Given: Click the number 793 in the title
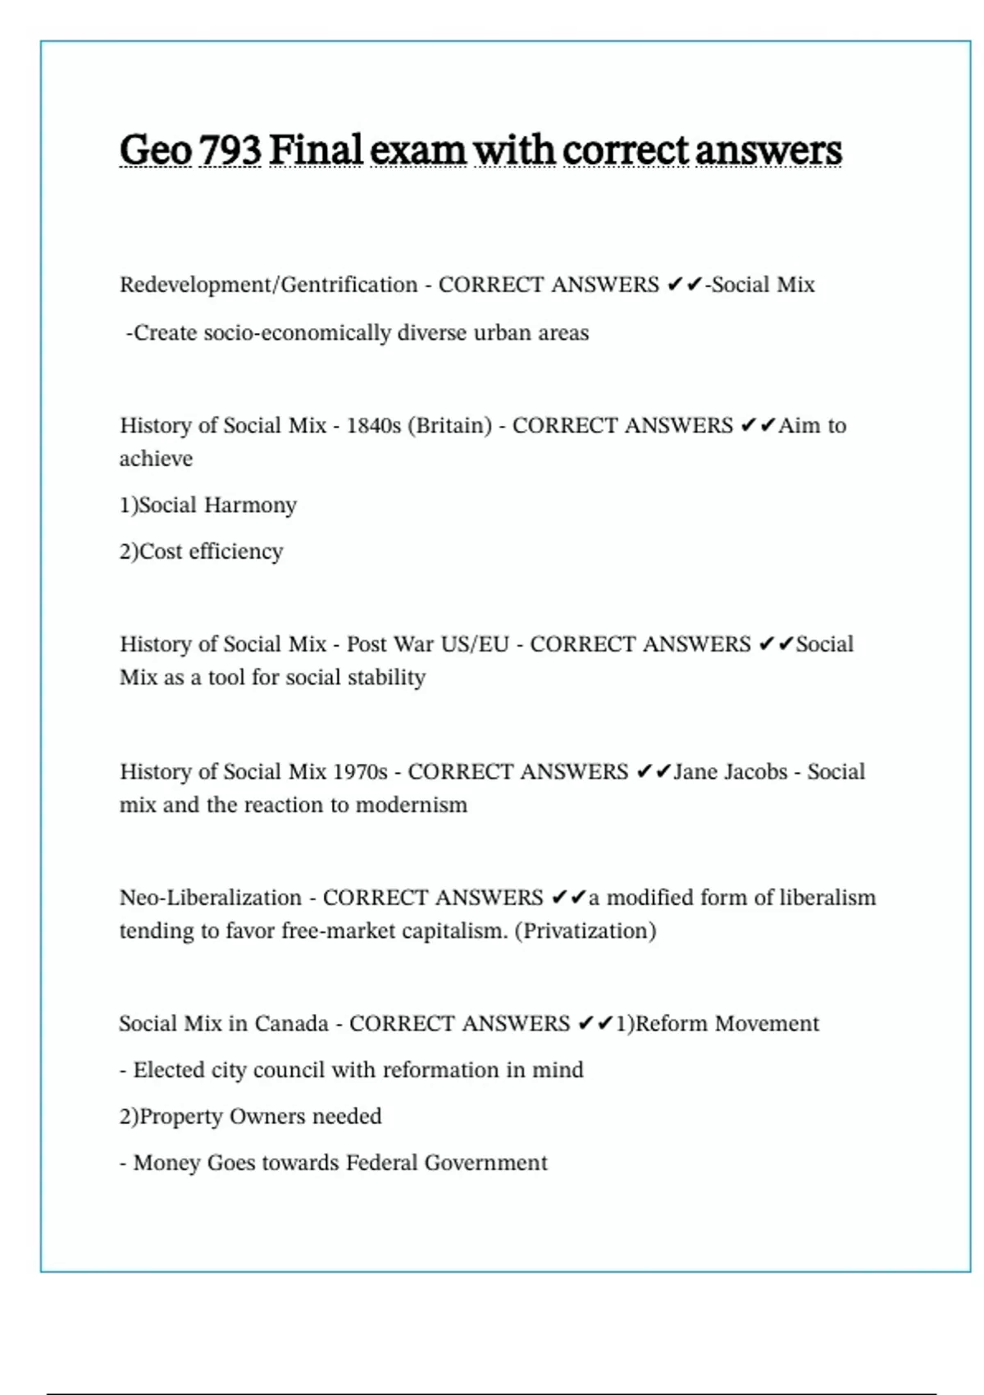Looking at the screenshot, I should point(230,150).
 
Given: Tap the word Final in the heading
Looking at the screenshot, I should point(316,150).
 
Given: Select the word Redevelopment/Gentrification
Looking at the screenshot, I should point(268,285).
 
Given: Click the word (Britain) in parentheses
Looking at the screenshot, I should point(449,426).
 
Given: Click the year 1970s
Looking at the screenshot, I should point(360,772).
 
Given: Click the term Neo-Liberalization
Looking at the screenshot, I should point(210,898).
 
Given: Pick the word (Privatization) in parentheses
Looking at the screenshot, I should point(585,931).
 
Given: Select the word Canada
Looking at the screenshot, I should point(291,1024).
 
